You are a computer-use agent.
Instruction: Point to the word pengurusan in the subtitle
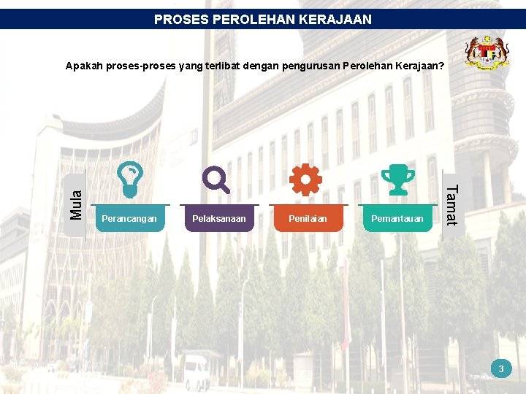pyautogui.click(x=309, y=66)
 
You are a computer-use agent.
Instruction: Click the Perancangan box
pyautogui.click(x=129, y=219)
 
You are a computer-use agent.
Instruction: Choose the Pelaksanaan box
pyautogui.click(x=219, y=219)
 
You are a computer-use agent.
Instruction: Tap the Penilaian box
pyautogui.click(x=308, y=219)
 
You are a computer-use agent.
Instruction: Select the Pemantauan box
pyautogui.click(x=397, y=219)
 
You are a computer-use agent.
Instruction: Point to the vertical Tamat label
pyautogui.click(x=451, y=205)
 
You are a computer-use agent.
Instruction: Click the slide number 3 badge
pyautogui.click(x=501, y=369)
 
